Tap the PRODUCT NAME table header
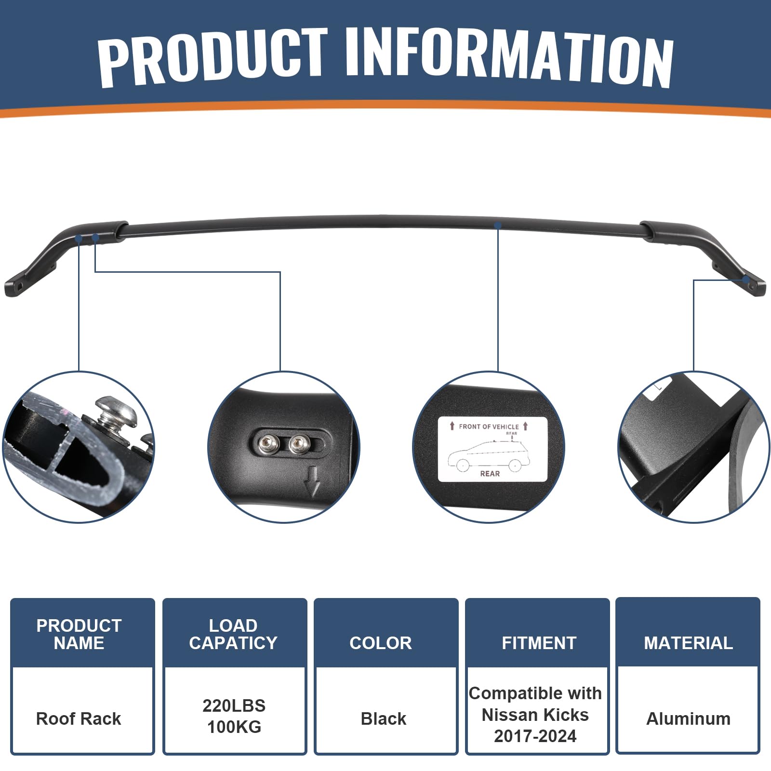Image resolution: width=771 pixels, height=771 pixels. pyautogui.click(x=79, y=634)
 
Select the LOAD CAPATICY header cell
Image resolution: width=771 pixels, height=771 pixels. pyautogui.click(x=233, y=634)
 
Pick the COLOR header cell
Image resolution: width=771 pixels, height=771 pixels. pyautogui.click(x=381, y=643)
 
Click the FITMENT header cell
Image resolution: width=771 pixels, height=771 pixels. pyautogui.click(x=539, y=643)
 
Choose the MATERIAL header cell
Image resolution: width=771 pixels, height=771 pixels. pyautogui.click(x=688, y=643)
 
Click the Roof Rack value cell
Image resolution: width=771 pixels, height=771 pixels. pyautogui.click(x=79, y=718)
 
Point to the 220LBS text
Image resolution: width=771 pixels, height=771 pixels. pyautogui.click(x=234, y=705)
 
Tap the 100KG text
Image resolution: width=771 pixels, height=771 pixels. pyautogui.click(x=234, y=727)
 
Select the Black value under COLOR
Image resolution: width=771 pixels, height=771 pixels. pyautogui.click(x=384, y=718)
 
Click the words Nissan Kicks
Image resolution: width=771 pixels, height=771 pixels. pyautogui.click(x=535, y=715)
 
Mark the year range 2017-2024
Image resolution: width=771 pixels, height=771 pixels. pyautogui.click(x=535, y=736)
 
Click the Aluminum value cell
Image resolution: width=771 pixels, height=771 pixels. pyautogui.click(x=688, y=718)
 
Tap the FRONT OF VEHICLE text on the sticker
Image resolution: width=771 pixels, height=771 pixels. pyautogui.click(x=489, y=426)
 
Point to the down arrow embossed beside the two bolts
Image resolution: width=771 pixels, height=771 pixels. pyautogui.click(x=313, y=482)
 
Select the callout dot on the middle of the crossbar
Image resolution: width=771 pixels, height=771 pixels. pyautogui.click(x=498, y=225)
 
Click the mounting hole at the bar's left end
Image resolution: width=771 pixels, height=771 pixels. pyautogui.click(x=20, y=286)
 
